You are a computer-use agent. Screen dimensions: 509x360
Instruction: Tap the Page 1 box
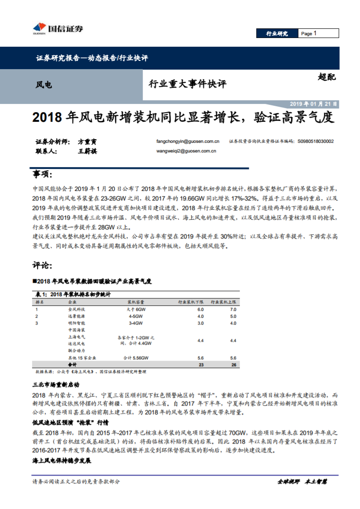coord(319,33)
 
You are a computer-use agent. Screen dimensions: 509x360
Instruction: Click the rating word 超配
coord(326,77)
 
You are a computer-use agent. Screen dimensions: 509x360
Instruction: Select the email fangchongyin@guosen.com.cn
coord(188,141)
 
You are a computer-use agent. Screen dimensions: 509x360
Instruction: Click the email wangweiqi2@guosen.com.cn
coord(186,151)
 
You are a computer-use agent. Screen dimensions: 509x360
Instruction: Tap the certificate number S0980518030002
coord(315,141)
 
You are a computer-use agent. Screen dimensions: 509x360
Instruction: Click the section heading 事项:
coord(43,174)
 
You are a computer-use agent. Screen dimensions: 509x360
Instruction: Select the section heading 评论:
coord(43,265)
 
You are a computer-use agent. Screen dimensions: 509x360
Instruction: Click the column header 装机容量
coord(136,302)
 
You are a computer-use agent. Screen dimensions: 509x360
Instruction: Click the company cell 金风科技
coord(76,309)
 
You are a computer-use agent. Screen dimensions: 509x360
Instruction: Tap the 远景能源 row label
coord(76,316)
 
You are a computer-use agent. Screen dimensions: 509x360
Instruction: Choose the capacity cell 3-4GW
coord(136,323)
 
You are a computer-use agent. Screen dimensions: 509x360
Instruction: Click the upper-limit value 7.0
coord(233,309)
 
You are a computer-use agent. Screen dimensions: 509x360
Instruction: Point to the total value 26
coord(233,365)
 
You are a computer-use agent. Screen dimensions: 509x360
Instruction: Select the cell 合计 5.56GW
coord(136,358)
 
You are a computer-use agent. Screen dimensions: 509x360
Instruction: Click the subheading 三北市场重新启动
coord(56,384)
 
